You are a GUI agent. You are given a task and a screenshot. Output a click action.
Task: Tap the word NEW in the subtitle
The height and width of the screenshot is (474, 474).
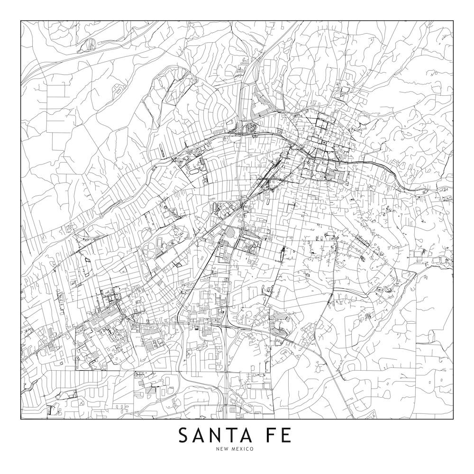222,449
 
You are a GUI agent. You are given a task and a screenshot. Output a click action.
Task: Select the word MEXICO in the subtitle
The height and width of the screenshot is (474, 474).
242,449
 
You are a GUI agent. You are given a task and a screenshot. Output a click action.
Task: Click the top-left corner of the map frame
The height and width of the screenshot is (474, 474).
21,21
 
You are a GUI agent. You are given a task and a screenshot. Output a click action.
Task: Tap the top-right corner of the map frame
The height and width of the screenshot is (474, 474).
453,21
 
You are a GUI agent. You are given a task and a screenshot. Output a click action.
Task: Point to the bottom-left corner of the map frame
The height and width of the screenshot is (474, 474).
21,419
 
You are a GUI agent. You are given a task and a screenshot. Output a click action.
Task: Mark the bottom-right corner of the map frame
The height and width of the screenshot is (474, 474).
453,419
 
